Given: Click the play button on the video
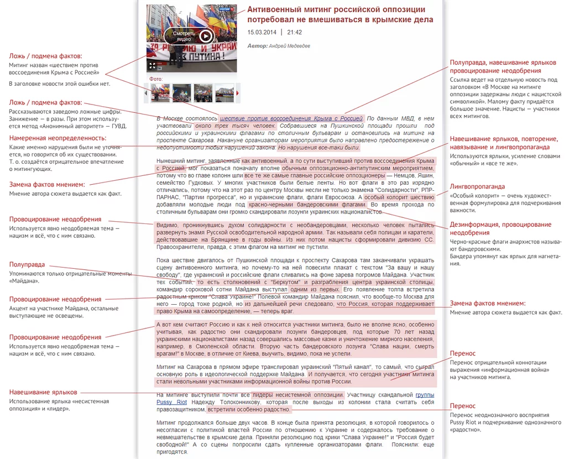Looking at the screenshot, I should point(206,36).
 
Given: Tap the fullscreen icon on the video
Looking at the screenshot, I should point(152,65).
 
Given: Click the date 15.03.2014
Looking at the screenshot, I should point(261,32).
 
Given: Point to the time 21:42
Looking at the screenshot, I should point(295,32).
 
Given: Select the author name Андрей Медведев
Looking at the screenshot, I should point(290,46).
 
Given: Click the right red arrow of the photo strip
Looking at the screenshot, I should point(238,93).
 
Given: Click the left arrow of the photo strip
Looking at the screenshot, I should point(147,93).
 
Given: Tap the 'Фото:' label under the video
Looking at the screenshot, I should point(156,79).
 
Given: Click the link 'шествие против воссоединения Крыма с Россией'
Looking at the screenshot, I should point(291,118).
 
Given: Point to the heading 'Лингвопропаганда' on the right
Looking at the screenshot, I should point(477,186).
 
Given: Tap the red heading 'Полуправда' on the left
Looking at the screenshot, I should point(27,264).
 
